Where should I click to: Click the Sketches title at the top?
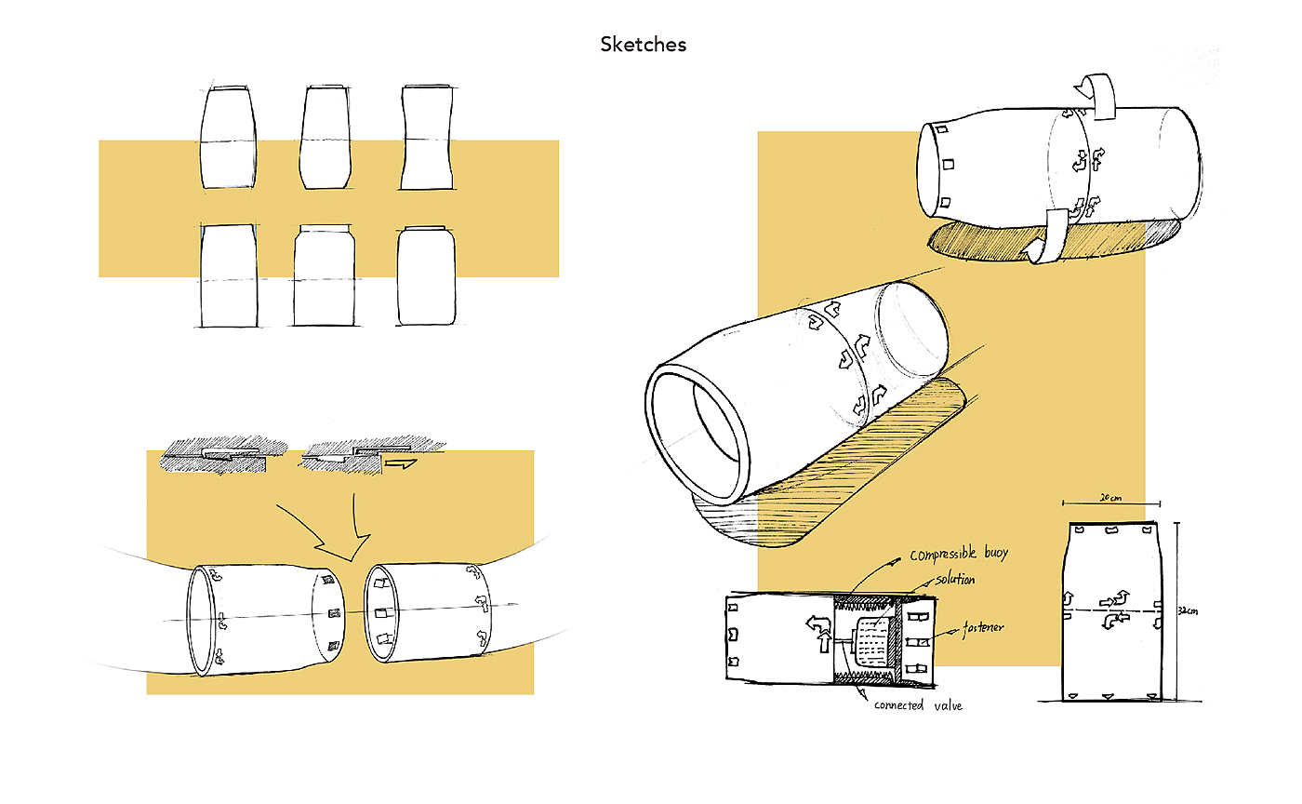point(643,44)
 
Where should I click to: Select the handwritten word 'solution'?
point(955,579)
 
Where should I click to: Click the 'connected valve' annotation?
point(918,705)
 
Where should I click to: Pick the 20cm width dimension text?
point(1109,498)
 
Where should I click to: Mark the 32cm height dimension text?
point(1185,611)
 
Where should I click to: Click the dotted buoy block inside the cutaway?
point(873,641)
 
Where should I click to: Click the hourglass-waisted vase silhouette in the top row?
point(427,138)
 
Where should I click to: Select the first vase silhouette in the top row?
point(228,138)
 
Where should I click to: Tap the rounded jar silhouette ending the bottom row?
point(426,276)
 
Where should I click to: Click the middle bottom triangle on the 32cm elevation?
point(1109,696)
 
